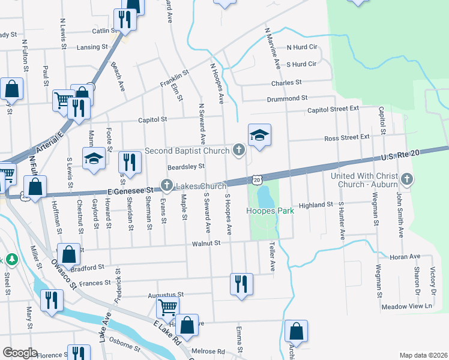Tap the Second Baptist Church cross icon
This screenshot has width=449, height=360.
click(239, 150)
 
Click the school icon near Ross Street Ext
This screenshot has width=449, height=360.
click(260, 135)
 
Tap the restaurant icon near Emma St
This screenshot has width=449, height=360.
click(241, 284)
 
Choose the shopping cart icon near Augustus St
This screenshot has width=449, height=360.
click(167, 308)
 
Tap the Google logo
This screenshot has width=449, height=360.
click(20, 353)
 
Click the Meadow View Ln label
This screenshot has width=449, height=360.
click(407, 306)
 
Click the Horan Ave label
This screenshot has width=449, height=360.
click(405, 256)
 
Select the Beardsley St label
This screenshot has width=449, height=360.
click(186, 167)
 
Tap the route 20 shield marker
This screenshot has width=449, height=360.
click(257, 179)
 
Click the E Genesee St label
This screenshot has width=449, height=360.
click(133, 190)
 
